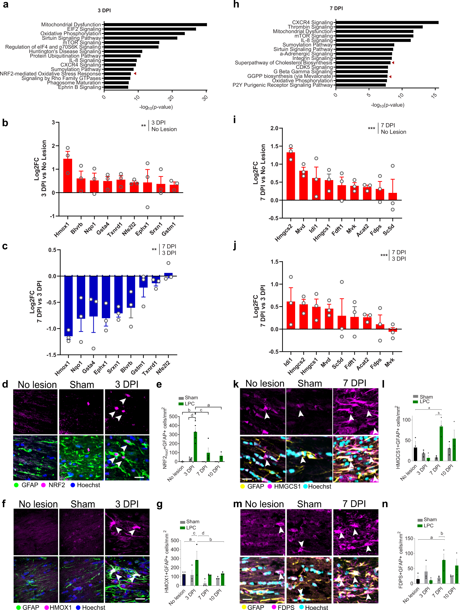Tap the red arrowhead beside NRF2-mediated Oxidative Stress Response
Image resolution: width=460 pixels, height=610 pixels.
(135, 74)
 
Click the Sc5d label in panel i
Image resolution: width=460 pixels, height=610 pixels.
(389, 230)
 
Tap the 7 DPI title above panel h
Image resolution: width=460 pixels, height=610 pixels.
(336, 9)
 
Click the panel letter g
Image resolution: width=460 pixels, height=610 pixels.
(159, 504)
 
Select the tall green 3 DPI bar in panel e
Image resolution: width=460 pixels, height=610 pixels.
(195, 447)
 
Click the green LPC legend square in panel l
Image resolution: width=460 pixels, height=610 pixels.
(415, 401)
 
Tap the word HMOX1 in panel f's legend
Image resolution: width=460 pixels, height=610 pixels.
(60, 607)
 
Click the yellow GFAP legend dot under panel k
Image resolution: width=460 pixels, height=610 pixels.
(243, 487)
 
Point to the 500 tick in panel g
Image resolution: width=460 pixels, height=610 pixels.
(175, 541)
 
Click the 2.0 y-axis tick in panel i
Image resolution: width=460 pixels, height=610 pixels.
(274, 128)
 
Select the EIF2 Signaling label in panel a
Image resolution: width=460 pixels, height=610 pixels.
(84, 29)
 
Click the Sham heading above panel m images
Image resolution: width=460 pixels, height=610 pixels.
(309, 504)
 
